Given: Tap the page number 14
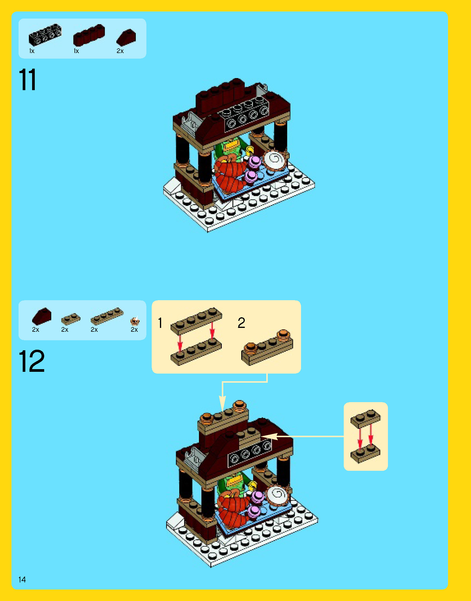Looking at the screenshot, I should pos(22,579).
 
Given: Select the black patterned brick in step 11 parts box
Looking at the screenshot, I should pos(45,35).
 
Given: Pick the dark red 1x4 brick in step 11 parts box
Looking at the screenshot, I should pos(89,35).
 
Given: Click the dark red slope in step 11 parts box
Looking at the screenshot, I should pos(126,37).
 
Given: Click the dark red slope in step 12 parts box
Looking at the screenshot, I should pos(42,316).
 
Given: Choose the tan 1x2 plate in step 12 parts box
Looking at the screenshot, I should pos(71,319).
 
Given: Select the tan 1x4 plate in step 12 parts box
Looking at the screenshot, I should pos(107,316).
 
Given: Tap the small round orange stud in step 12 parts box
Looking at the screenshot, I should pos(135,321).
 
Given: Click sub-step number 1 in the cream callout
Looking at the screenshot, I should pos(160,323).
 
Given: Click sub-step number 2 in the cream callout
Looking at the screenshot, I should pos(241,323).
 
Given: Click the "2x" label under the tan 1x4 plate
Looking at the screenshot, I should pos(94,330).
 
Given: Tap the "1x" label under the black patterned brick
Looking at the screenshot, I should pos(32,51).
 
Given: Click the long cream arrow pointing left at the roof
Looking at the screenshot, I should pos(303,436).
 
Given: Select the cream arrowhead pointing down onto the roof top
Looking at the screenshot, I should pos(222,404).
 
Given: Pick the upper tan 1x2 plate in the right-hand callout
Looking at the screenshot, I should pos(366,418).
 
